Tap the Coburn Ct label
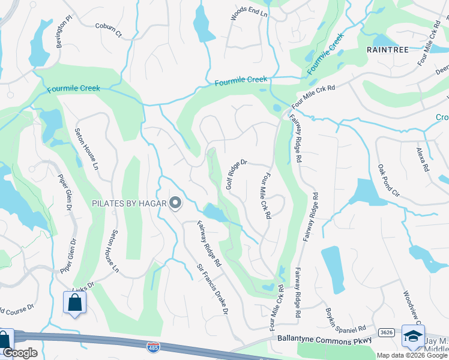(108, 30)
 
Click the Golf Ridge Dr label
(237, 174)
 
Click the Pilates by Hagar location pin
(175, 204)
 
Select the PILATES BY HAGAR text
(128, 204)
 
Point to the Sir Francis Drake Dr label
(213, 289)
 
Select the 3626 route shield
(386, 332)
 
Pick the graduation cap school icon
(413, 337)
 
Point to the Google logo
(20, 353)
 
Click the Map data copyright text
(412, 355)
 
